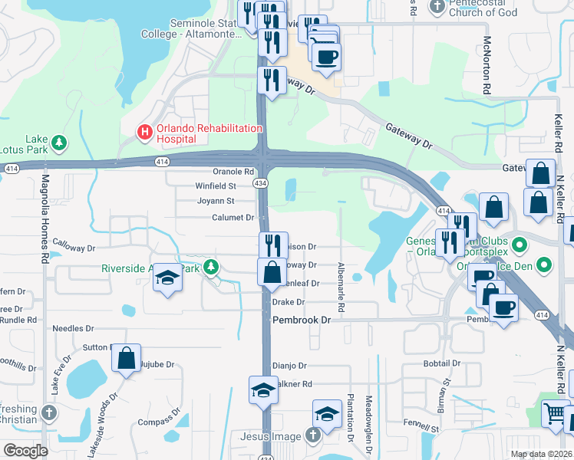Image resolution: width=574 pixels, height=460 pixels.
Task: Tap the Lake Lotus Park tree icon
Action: [58, 143]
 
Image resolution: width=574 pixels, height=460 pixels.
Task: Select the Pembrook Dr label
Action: [301, 319]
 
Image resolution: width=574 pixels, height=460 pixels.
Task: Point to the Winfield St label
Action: [216, 186]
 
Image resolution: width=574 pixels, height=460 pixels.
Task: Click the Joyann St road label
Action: [216, 201]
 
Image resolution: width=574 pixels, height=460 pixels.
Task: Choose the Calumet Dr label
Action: [233, 218]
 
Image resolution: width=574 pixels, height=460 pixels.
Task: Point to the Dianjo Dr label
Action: [290, 366]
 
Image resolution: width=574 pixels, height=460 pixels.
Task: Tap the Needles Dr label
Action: [73, 328]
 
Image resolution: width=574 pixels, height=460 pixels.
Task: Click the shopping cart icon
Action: [555, 413]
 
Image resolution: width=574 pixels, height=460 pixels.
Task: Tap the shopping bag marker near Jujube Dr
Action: [127, 358]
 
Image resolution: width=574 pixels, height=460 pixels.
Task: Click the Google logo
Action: [25, 451]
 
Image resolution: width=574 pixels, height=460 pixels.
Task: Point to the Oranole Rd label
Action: [233, 172]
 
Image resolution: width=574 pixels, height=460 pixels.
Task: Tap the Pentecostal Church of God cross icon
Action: [437, 6]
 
